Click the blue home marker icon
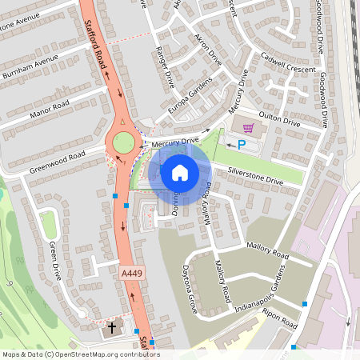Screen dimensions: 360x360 tap(180, 172)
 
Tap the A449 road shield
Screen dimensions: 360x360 tap(132, 274)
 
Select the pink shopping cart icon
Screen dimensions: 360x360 tap(248, 127)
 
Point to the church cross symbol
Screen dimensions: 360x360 tap(112, 328)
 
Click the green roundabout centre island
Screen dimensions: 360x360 tap(122, 142)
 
